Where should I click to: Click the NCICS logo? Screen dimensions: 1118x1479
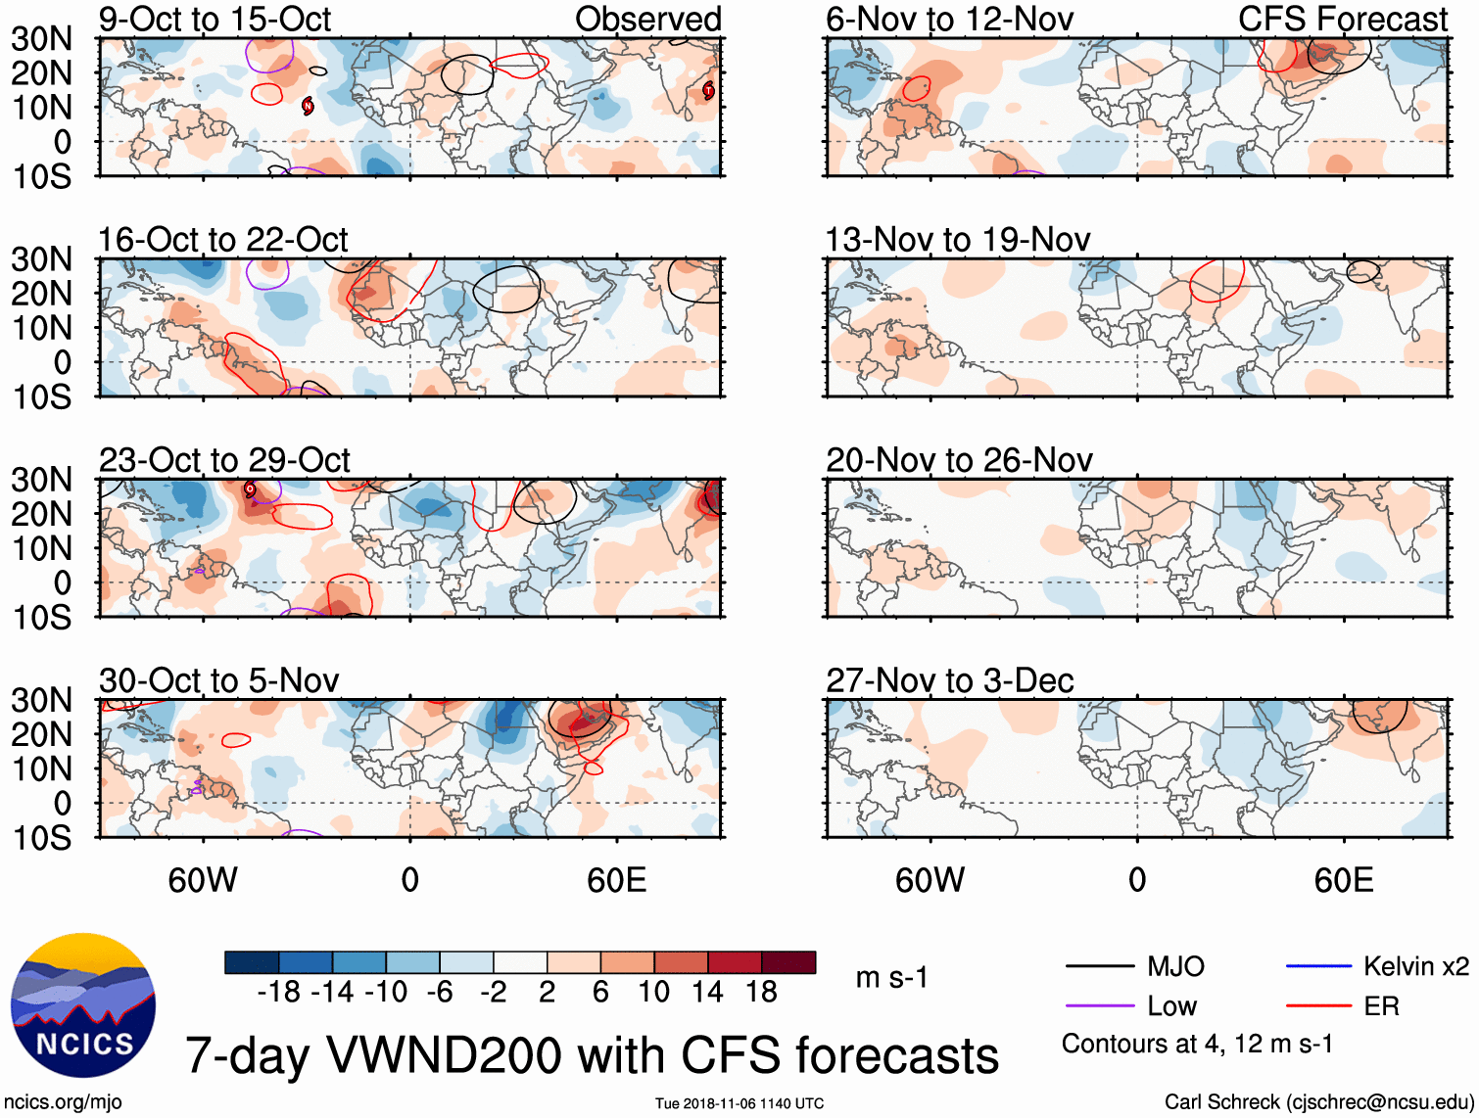click(83, 1005)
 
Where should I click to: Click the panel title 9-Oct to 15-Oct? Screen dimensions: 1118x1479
click(215, 20)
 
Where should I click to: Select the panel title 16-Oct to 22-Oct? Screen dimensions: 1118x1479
click(223, 240)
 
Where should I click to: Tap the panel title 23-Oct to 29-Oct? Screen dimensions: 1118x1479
click(224, 460)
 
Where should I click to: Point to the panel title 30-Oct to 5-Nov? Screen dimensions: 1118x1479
click(218, 680)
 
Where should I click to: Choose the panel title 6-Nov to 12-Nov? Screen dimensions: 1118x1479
click(949, 20)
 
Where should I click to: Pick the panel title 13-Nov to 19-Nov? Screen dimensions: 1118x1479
click(958, 240)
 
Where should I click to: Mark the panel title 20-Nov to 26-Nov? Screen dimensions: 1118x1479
click(959, 460)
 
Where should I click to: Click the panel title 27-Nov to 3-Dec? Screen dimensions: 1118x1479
click(950, 680)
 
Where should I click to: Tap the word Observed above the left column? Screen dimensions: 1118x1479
click(647, 20)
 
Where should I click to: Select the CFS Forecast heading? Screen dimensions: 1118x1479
click(1342, 20)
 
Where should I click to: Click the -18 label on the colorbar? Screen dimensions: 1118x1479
click(279, 993)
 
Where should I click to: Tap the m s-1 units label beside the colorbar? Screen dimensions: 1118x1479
click(891, 978)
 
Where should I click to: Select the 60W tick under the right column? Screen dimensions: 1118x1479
click(930, 880)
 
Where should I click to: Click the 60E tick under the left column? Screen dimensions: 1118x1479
click(616, 880)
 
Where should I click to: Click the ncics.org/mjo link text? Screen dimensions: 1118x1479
click(63, 1102)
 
